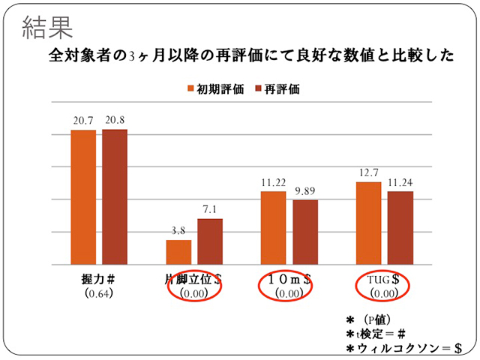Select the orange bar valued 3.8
coord(178,252)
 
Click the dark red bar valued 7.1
coord(210,241)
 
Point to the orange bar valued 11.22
coord(273,228)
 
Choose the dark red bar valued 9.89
coord(305,232)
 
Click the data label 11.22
coord(273,182)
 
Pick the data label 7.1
coord(210,209)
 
